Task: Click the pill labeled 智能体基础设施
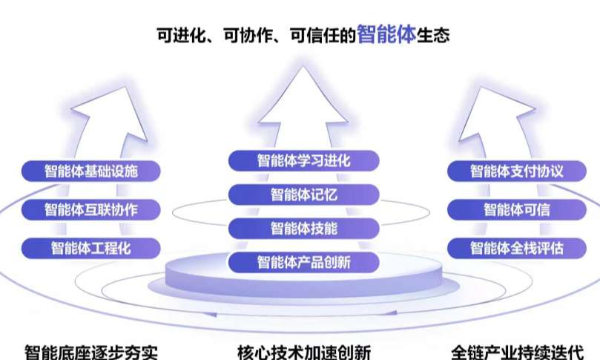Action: click(x=90, y=171)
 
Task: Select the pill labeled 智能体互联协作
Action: click(x=90, y=209)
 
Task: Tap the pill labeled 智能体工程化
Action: click(x=90, y=248)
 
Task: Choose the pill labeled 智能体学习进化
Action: click(x=304, y=161)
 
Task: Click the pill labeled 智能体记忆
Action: click(x=304, y=194)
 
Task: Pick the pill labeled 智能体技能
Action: click(x=304, y=229)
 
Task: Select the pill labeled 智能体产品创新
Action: click(x=304, y=262)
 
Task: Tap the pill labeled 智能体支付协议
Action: click(x=517, y=171)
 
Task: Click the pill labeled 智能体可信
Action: click(x=517, y=209)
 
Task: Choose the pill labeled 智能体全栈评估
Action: click(x=517, y=248)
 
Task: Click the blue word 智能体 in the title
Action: click(x=386, y=34)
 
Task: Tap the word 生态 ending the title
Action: click(x=433, y=35)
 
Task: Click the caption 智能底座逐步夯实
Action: click(x=90, y=352)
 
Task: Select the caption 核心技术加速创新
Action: click(x=304, y=352)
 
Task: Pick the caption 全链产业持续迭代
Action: click(x=518, y=352)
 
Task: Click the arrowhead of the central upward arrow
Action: click(x=303, y=95)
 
